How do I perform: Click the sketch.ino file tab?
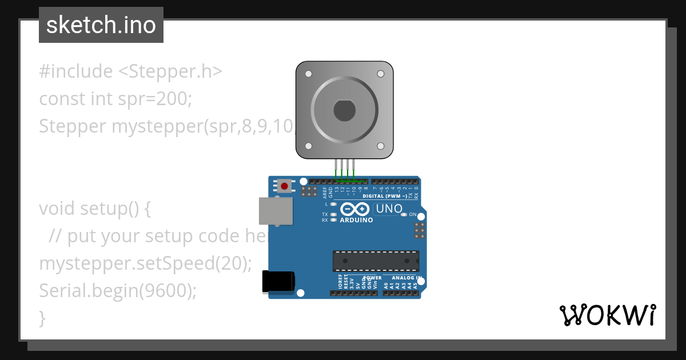pyautogui.click(x=101, y=25)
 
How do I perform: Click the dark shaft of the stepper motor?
pyautogui.click(x=345, y=110)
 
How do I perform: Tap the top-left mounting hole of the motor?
pyautogui.click(x=309, y=74)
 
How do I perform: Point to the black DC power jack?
pyautogui.click(x=278, y=282)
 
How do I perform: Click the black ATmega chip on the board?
pyautogui.click(x=376, y=261)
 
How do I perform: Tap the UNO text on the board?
pyautogui.click(x=389, y=209)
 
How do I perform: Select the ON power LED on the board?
pyautogui.click(x=404, y=214)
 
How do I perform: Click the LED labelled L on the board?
pyautogui.click(x=333, y=204)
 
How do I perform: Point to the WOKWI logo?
pyautogui.click(x=608, y=315)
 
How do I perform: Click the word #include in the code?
pyautogui.click(x=76, y=71)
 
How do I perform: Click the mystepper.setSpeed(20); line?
pyautogui.click(x=145, y=264)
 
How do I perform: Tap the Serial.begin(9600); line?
pyautogui.click(x=118, y=291)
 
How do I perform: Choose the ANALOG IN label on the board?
pyautogui.click(x=406, y=278)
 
